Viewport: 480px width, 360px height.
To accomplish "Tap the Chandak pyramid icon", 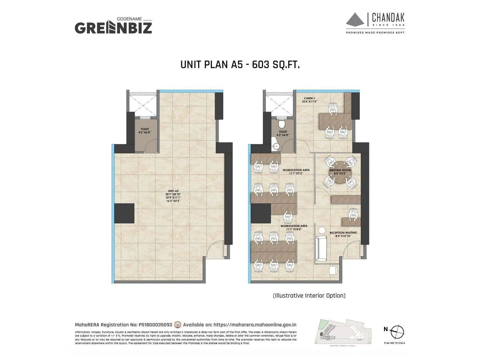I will click(x=355, y=20).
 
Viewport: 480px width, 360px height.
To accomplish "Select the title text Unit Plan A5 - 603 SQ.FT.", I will click(x=240, y=64).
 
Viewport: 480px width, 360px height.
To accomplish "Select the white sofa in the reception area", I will click(x=321, y=248).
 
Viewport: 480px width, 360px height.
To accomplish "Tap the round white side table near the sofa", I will click(x=322, y=230).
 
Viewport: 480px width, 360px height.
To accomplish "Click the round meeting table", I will click(x=340, y=172).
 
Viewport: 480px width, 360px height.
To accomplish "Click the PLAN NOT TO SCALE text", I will click(x=394, y=343).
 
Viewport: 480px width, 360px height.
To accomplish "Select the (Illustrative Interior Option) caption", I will click(x=309, y=295).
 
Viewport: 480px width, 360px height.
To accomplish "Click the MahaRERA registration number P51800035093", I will click(x=155, y=325).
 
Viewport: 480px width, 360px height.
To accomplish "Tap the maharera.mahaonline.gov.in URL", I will click(x=255, y=325).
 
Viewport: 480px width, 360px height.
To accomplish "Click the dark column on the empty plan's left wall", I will click(x=124, y=213).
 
